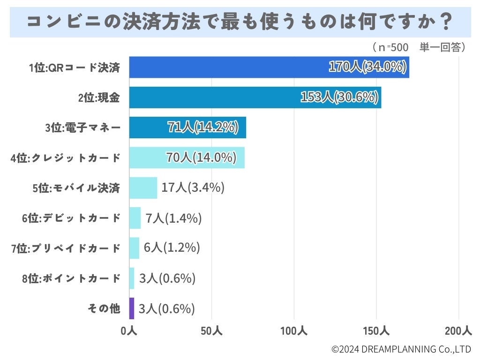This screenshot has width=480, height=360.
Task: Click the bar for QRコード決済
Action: [x=225, y=67]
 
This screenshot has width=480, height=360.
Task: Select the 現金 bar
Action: [x=211, y=97]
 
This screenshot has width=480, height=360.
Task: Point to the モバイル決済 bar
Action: [x=143, y=188]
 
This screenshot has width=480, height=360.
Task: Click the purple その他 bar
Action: [x=132, y=308]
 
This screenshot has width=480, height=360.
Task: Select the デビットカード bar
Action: [x=135, y=218]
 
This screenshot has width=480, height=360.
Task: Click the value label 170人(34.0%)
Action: [x=367, y=67]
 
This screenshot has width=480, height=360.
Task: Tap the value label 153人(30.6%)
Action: [x=339, y=97]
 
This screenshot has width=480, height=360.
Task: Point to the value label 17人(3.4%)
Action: [x=193, y=188]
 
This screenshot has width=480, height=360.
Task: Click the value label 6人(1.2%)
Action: [x=172, y=248]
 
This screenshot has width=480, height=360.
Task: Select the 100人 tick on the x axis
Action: [x=294, y=331]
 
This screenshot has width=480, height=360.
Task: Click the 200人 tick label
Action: [x=458, y=331]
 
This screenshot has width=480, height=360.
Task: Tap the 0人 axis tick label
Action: [x=128, y=331]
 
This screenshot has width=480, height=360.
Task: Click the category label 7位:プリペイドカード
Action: [x=66, y=248]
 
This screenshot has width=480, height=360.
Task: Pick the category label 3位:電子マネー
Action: [x=82, y=128]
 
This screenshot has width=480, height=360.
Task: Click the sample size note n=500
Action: [x=390, y=47]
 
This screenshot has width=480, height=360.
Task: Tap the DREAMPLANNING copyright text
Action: [x=401, y=349]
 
